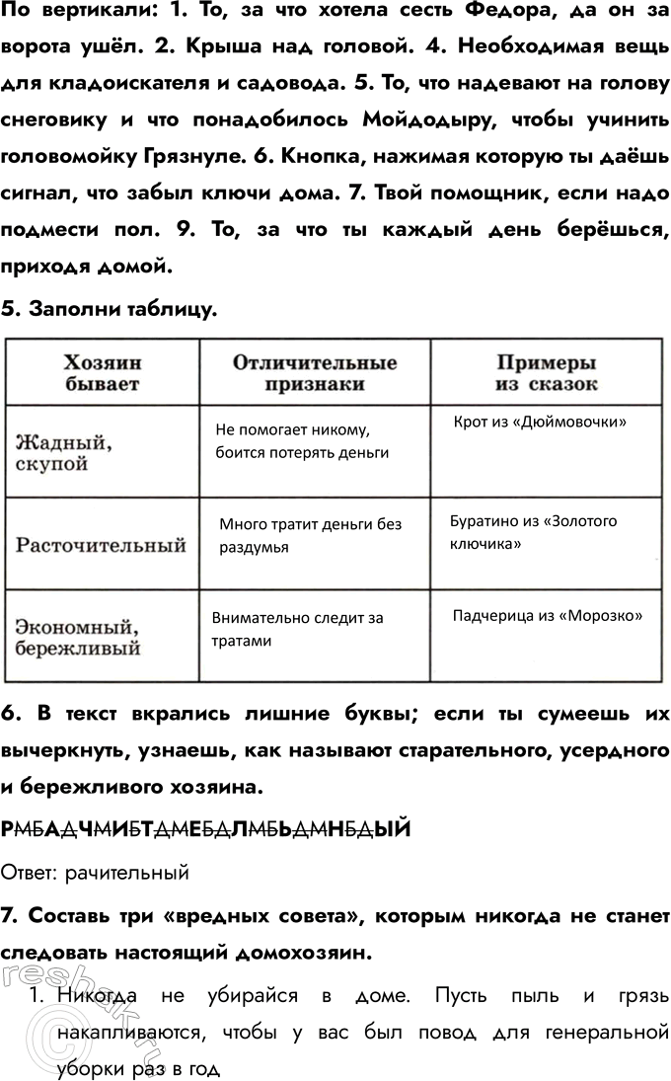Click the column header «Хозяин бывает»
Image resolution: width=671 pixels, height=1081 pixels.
click(102, 372)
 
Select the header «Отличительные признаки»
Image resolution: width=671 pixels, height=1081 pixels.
click(315, 372)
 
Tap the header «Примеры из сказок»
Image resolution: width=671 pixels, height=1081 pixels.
click(546, 372)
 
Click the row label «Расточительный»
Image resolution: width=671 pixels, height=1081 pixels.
click(102, 545)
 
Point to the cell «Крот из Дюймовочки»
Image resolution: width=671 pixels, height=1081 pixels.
click(541, 422)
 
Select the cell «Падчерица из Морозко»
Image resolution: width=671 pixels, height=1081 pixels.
click(547, 615)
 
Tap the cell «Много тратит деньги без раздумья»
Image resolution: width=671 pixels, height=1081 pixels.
click(310, 535)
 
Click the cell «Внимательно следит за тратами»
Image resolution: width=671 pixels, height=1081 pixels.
click(297, 629)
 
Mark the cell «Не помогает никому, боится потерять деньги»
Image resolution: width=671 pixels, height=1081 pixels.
click(301, 441)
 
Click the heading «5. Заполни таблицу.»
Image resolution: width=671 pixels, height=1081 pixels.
click(109, 309)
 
